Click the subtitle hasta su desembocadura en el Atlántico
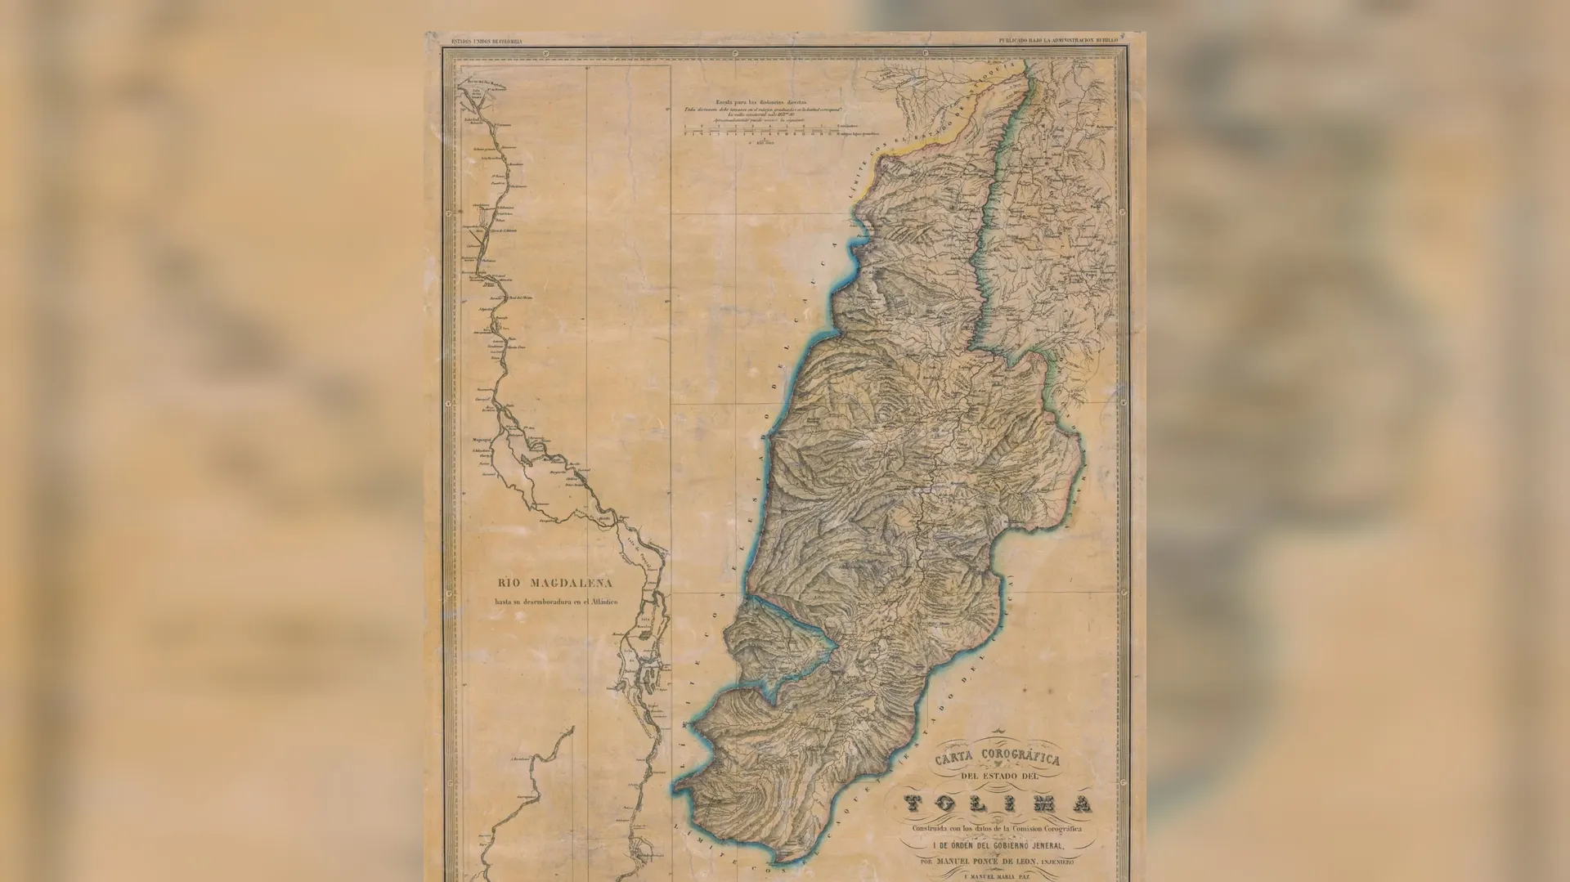coord(554,602)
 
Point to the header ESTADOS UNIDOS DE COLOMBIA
coord(487,40)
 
